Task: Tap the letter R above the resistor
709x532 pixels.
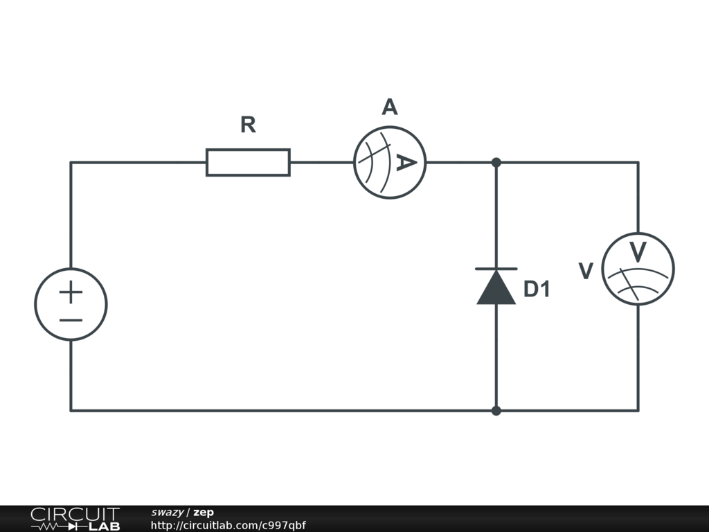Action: [x=248, y=125]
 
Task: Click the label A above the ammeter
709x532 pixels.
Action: [x=389, y=107]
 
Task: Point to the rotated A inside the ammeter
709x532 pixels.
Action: [x=406, y=162]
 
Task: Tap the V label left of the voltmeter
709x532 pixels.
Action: [x=586, y=271]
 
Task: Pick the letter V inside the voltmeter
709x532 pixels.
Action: [x=638, y=252]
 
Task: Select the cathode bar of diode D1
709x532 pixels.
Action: [x=496, y=269]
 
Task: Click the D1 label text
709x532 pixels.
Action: [x=537, y=289]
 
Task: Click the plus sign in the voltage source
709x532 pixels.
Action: [x=71, y=292]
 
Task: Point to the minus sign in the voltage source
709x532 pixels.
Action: [x=71, y=320]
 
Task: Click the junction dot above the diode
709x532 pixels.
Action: [x=496, y=162]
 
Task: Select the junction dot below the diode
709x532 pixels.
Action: [x=496, y=411]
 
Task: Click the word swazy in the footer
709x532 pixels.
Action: [x=168, y=513]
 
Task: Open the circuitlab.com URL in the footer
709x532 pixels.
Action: [x=228, y=525]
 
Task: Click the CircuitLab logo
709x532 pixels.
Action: [x=75, y=519]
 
